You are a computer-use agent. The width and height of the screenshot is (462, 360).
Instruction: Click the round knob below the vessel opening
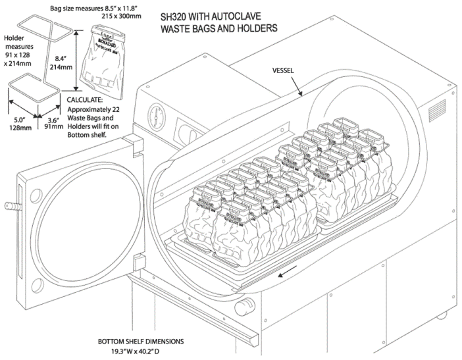tap(247, 303)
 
